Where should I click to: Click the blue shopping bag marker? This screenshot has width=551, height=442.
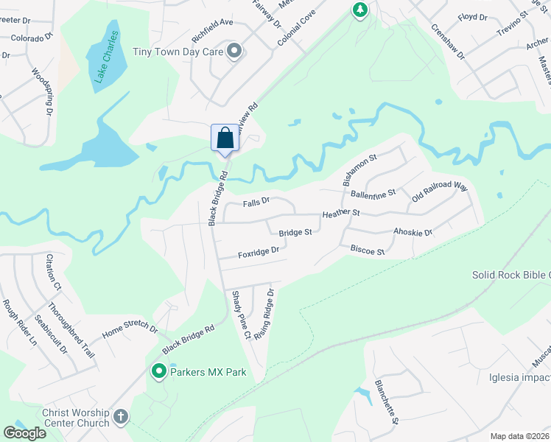click(225, 137)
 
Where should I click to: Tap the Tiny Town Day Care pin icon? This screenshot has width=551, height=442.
click(234, 51)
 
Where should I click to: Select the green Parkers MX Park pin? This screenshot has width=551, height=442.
click(158, 372)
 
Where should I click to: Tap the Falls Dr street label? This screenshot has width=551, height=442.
click(256, 200)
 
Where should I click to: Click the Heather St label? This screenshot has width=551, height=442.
click(340, 214)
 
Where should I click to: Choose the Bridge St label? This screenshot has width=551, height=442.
click(295, 233)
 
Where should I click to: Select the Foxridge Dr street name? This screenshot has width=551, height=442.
click(258, 253)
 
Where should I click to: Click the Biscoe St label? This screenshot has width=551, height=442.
click(368, 250)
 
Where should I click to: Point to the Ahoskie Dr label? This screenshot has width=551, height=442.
click(413, 232)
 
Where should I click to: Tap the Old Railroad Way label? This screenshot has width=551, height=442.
click(440, 192)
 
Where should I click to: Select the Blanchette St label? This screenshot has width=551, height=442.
click(386, 402)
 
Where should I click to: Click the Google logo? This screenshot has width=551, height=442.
click(25, 433)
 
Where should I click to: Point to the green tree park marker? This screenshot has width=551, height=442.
click(359, 10)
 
